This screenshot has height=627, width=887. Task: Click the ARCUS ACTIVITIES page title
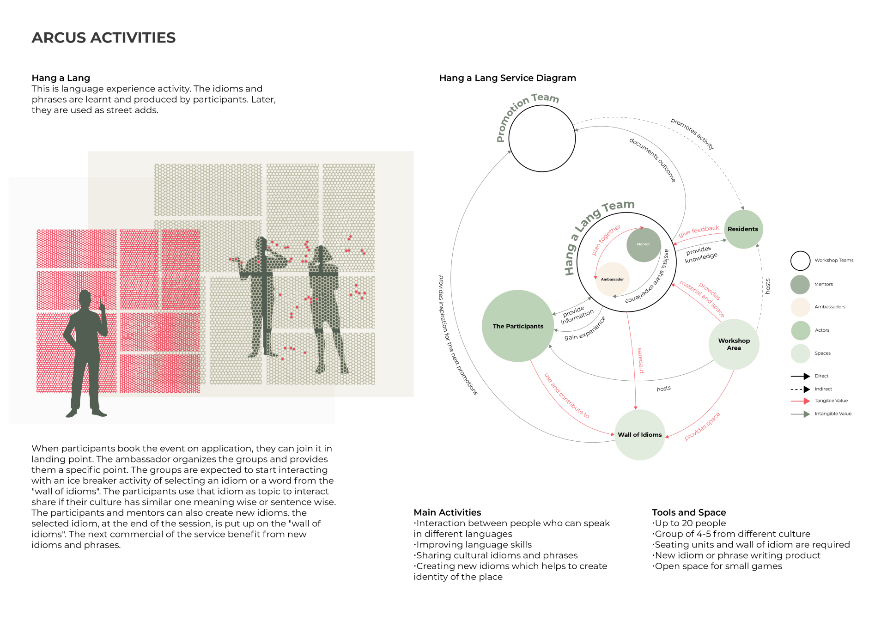click(103, 38)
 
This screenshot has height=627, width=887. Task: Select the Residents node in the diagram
click(743, 229)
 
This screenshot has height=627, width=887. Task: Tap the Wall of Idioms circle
click(640, 435)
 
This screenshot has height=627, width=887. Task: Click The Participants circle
click(518, 326)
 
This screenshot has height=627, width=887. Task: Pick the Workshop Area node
click(734, 344)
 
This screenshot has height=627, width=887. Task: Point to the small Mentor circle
click(644, 244)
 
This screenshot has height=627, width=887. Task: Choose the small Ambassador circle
click(613, 280)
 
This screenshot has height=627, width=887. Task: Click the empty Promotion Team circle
click(542, 139)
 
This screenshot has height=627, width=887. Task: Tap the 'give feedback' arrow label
click(699, 231)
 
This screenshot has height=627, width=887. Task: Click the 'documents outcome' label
click(652, 159)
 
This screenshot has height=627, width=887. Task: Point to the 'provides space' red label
click(702, 426)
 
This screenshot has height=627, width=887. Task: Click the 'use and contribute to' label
click(567, 396)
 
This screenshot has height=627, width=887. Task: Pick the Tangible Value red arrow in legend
click(801, 401)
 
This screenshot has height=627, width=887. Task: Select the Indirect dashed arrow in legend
click(801, 390)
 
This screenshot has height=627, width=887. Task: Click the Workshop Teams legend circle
click(800, 261)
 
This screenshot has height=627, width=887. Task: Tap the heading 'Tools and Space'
click(689, 512)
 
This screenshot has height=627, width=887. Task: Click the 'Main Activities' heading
click(447, 512)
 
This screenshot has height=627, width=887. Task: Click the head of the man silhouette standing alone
click(85, 298)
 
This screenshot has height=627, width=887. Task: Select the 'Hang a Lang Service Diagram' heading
click(507, 78)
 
